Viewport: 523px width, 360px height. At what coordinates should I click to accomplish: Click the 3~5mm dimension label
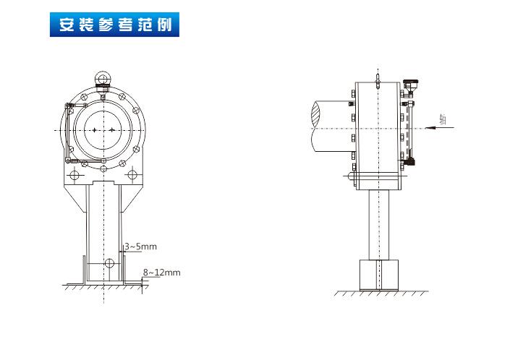coord(141,247)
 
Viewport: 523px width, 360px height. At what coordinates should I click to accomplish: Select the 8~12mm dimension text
coord(161,272)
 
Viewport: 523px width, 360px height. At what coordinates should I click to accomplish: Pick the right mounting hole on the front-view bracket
coord(132,175)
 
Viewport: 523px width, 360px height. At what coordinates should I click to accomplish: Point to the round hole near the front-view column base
coord(109,262)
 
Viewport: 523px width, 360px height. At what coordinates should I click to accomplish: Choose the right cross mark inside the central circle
coord(112,129)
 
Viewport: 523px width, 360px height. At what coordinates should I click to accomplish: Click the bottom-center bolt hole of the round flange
coord(103,168)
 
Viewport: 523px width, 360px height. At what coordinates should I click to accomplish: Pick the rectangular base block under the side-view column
coord(380,275)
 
